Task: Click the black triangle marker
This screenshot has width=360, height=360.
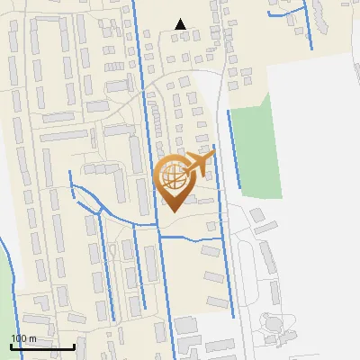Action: (181, 24)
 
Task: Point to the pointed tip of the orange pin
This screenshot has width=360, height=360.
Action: (172, 211)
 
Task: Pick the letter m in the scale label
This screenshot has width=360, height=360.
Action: (32, 338)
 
